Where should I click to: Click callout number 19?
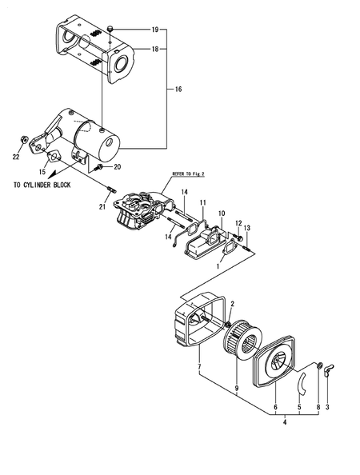pyautogui.click(x=155, y=29)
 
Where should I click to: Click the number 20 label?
pyautogui.click(x=117, y=167)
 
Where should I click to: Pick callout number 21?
pyautogui.click(x=102, y=208)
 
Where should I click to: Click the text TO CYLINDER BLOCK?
pyautogui.click(x=42, y=185)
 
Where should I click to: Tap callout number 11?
pyautogui.click(x=203, y=203)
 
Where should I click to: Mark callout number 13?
pyautogui.click(x=246, y=229)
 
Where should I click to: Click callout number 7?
pyautogui.click(x=198, y=367)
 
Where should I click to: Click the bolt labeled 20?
pyautogui.click(x=98, y=166)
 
